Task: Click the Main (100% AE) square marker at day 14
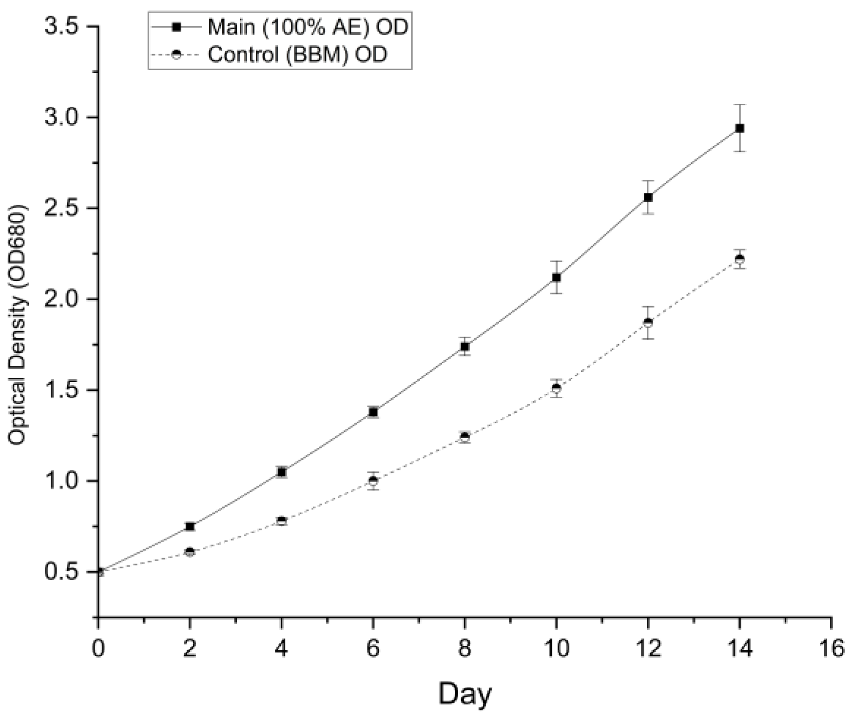(739, 128)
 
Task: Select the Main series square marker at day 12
(648, 197)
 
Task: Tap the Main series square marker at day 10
(556, 277)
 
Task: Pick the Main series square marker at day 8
(464, 347)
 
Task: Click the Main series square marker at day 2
(190, 526)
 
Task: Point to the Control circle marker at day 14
(739, 259)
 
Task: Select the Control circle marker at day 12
(648, 322)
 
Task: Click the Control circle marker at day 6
(373, 481)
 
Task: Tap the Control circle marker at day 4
(282, 521)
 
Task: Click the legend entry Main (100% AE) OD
(307, 27)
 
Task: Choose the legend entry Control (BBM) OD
(297, 54)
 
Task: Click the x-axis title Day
(464, 694)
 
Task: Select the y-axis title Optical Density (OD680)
(18, 324)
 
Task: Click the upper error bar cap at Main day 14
(739, 104)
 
